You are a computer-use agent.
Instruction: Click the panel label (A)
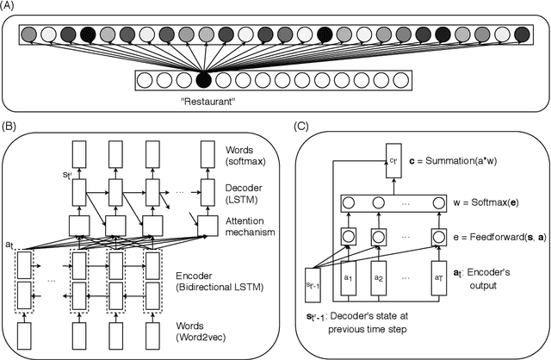[10, 7]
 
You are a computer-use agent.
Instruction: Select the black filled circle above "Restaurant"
[203, 81]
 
